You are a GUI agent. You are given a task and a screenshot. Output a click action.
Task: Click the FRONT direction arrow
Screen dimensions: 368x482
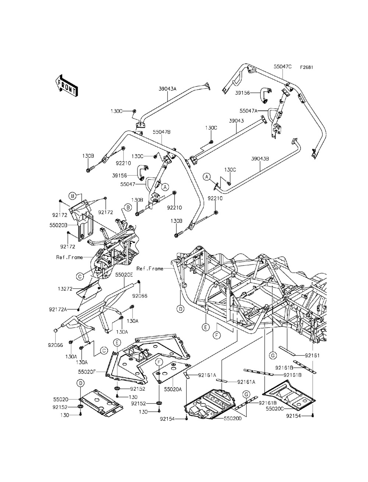point(66,86)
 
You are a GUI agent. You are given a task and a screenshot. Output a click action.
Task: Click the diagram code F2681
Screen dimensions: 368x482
point(307,67)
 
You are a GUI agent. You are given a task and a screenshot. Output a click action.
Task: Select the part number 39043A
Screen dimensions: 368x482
point(168,89)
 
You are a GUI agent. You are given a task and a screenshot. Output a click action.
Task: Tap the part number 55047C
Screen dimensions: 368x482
point(283,67)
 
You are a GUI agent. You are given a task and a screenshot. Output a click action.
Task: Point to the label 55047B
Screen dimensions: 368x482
point(162,132)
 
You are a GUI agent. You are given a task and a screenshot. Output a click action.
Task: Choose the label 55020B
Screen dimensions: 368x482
point(59,225)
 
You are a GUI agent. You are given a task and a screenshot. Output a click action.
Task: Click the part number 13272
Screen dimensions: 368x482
point(65,289)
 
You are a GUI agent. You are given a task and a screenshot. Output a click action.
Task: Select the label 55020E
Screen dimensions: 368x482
point(125,275)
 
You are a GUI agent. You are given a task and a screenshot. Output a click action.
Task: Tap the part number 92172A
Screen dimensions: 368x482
point(58,309)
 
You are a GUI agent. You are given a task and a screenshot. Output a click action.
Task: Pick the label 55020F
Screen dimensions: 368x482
point(87,372)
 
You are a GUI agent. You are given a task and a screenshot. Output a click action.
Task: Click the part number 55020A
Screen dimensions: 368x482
point(173,389)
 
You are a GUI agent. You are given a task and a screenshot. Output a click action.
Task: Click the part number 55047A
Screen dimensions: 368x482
point(248,111)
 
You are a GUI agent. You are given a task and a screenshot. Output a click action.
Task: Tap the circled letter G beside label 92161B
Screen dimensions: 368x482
point(246,394)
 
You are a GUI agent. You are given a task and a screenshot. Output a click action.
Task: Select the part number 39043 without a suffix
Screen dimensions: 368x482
point(236,121)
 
